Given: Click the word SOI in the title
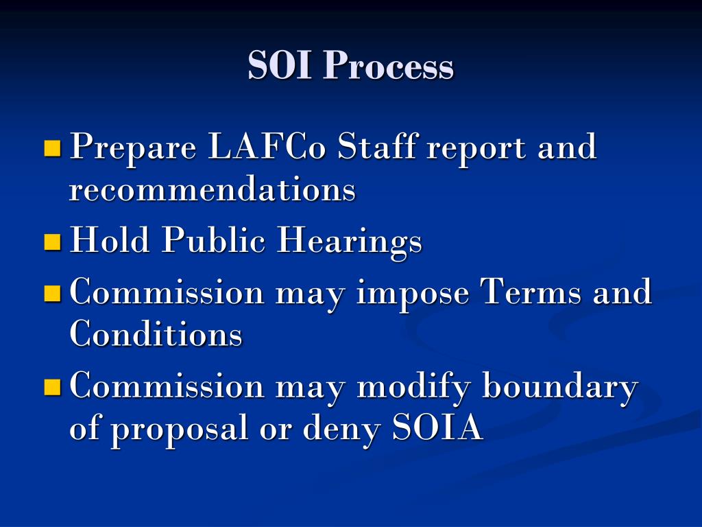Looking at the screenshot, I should tap(282, 67).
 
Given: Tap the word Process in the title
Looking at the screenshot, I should tap(389, 67).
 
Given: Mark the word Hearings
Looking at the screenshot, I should tap(349, 242).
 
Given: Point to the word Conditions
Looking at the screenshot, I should tap(156, 334).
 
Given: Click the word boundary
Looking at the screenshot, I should tap(560, 387).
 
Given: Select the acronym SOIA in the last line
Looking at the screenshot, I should tap(438, 428).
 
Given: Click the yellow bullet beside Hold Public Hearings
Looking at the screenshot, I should tap(52, 242).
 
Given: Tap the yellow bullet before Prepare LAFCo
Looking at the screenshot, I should tap(52, 148).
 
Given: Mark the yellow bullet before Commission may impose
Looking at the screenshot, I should tap(52, 294).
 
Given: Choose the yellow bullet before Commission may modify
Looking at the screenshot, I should tap(52, 387).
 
